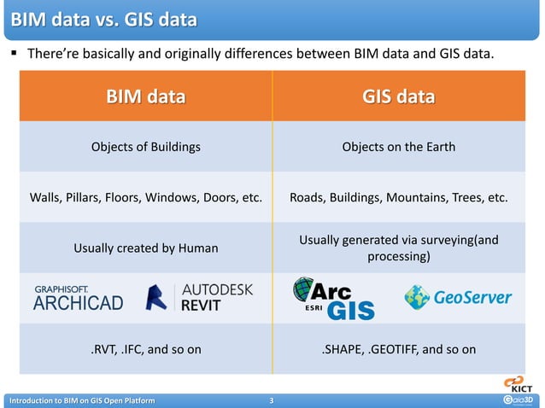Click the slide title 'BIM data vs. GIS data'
coord(101,19)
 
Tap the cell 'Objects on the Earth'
coord(398,147)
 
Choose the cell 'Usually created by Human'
coord(145,248)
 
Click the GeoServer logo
coord(458,297)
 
